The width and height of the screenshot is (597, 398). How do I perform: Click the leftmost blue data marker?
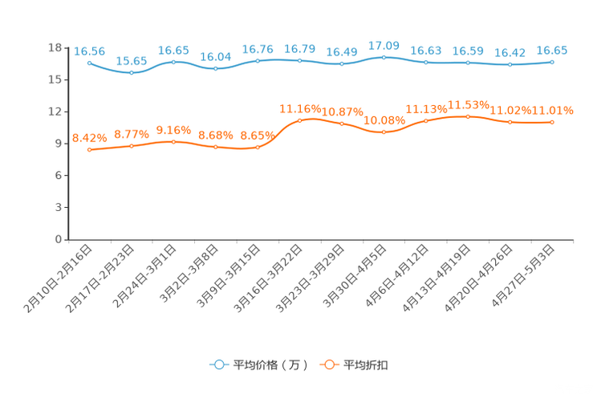point(89,62)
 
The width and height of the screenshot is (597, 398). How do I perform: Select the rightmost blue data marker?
point(552,61)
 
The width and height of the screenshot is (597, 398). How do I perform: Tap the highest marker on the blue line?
point(384,57)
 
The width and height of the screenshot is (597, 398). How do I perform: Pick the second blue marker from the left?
point(132,72)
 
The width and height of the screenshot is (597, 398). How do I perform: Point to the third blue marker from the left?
point(173,62)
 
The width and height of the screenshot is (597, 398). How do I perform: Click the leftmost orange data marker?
point(89,150)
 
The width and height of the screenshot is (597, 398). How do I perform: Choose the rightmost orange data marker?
point(552,122)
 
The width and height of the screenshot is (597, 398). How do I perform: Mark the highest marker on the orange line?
point(468,116)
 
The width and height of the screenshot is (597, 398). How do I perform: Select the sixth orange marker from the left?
point(299,120)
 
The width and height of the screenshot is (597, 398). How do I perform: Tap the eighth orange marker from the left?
point(384,132)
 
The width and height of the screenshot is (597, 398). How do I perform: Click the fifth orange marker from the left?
point(258,148)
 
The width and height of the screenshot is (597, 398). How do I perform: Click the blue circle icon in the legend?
point(219,364)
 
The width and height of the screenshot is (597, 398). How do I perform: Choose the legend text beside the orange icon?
point(367,365)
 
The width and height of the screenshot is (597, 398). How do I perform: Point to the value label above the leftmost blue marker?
point(89,51)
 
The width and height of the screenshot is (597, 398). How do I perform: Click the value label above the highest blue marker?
point(384,46)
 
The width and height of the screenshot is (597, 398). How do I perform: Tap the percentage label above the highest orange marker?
point(468,105)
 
